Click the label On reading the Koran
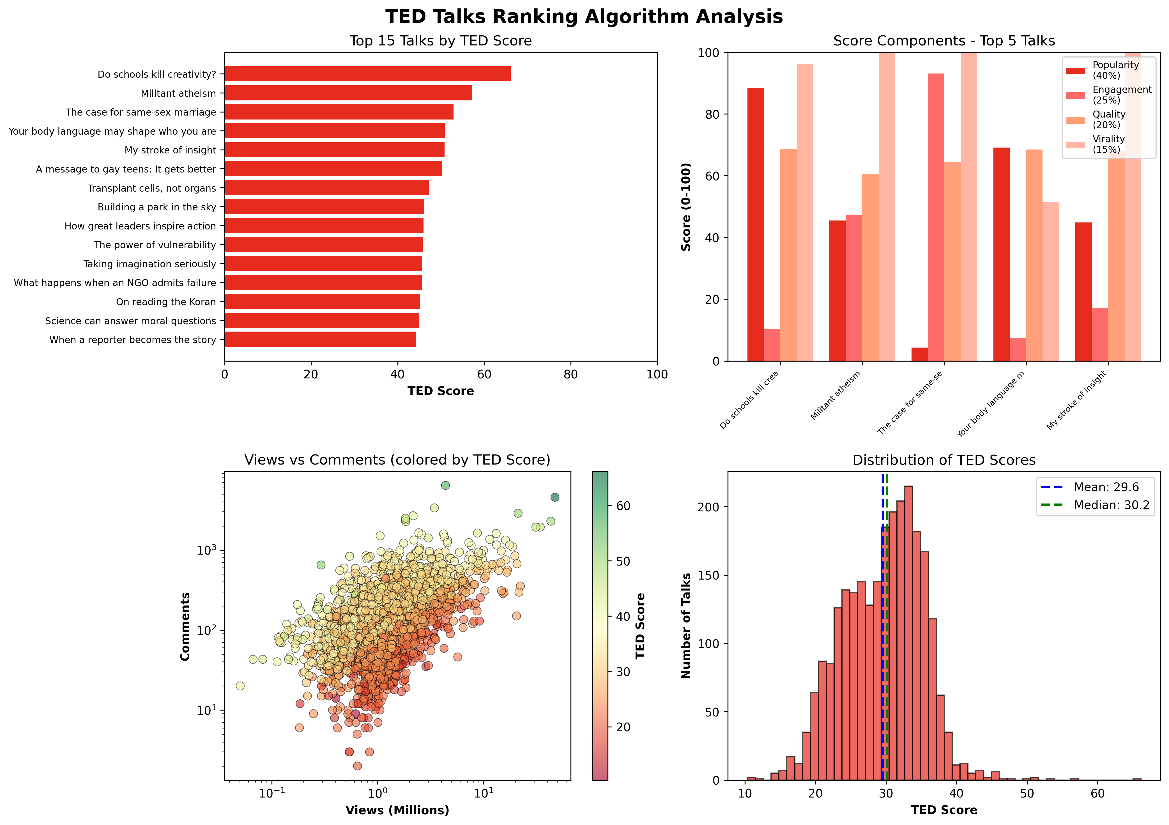click(x=166, y=302)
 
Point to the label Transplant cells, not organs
click(x=152, y=189)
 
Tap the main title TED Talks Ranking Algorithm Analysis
click(x=584, y=17)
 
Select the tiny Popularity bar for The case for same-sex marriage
click(x=919, y=355)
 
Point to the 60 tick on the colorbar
click(x=623, y=506)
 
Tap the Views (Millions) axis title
click(x=397, y=810)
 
